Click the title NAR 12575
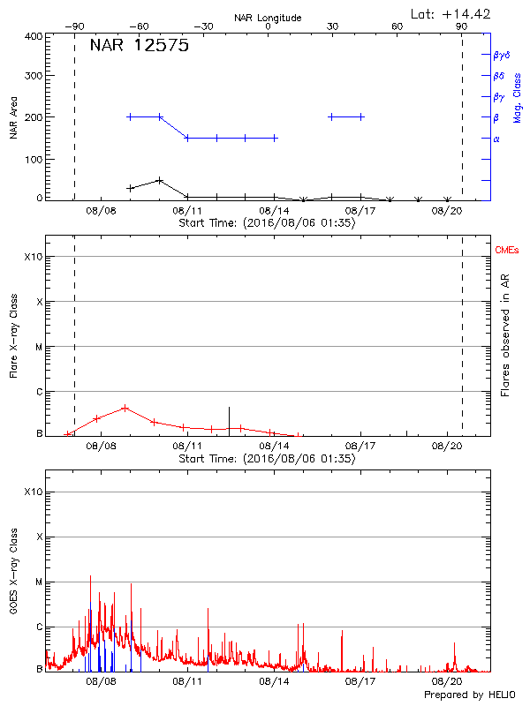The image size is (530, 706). pos(139,47)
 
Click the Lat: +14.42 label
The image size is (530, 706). pos(451,12)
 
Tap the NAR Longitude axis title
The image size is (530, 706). pos(268,17)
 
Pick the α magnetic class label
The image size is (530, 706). pos(496,139)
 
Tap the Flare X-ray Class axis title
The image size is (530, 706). pos(14,335)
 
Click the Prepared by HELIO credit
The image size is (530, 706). pos(469,695)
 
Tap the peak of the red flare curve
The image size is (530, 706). pos(125,408)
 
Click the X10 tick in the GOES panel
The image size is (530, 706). pos(33,492)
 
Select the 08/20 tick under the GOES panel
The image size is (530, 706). pos(446,681)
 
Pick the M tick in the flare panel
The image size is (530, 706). pos(39,347)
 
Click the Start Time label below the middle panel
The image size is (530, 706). pos(267,459)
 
